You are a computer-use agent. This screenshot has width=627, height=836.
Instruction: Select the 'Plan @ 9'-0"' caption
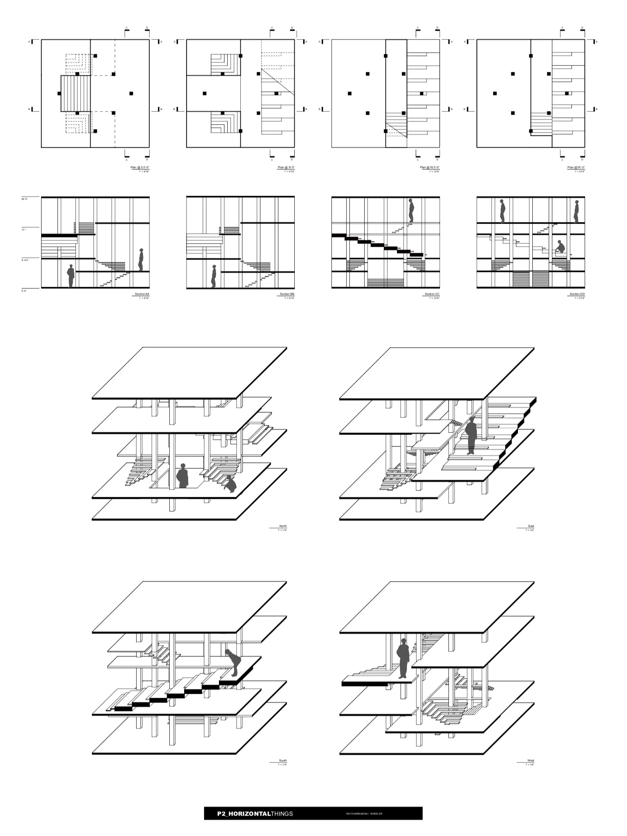[286, 167]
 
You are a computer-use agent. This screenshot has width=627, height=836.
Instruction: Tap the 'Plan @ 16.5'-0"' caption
[430, 167]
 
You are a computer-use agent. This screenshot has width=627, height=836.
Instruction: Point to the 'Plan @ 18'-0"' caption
[576, 167]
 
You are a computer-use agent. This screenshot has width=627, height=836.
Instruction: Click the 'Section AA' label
[142, 294]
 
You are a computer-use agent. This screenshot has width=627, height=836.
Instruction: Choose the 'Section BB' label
[287, 294]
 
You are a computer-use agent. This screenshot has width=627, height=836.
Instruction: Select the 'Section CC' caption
[432, 294]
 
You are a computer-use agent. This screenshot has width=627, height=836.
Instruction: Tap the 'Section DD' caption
[577, 294]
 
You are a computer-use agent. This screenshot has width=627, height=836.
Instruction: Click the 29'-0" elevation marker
[24, 199]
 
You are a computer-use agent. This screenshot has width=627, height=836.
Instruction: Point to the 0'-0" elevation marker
[24, 291]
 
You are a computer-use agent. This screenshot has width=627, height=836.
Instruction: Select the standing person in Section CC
[411, 210]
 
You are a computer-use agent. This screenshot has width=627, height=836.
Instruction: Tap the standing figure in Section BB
[214, 276]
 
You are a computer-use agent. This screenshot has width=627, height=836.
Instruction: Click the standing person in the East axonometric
[471, 436]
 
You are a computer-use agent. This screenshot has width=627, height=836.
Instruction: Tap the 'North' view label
[283, 526]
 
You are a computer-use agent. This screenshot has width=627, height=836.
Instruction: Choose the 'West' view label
[530, 761]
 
